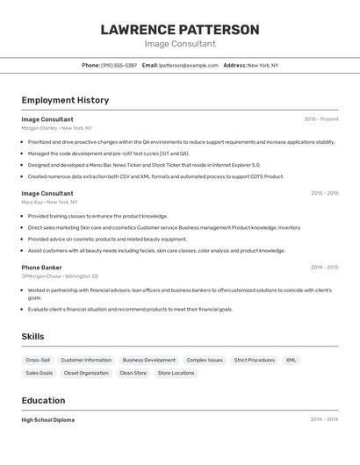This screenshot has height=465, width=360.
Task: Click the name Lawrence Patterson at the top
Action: point(180,30)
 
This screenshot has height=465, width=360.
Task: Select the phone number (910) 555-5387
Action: point(119,65)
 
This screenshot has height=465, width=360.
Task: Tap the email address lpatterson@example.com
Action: point(189,65)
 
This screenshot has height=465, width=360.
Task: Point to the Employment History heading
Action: point(65,100)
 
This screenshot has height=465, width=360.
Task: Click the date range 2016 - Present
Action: point(321,119)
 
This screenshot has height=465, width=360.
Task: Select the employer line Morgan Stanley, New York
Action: point(58,128)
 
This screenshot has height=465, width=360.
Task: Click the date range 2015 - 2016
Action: point(324,193)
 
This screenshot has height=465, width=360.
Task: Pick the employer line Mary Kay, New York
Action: point(51,202)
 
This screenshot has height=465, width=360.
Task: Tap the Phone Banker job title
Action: point(41,267)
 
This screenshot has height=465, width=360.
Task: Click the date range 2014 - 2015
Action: point(324,267)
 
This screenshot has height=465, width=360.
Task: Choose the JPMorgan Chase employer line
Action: point(60,275)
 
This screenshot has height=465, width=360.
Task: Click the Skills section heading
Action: point(32,336)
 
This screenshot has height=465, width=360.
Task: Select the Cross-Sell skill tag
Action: point(38,360)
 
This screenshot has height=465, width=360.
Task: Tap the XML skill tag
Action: point(292,360)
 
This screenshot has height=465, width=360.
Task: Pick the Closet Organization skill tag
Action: point(86,373)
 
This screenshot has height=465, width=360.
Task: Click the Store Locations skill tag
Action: point(176,373)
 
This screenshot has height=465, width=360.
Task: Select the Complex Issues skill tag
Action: point(205,360)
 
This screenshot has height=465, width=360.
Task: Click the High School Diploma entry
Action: point(48,420)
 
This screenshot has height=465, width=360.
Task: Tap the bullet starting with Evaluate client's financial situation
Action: point(130,309)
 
